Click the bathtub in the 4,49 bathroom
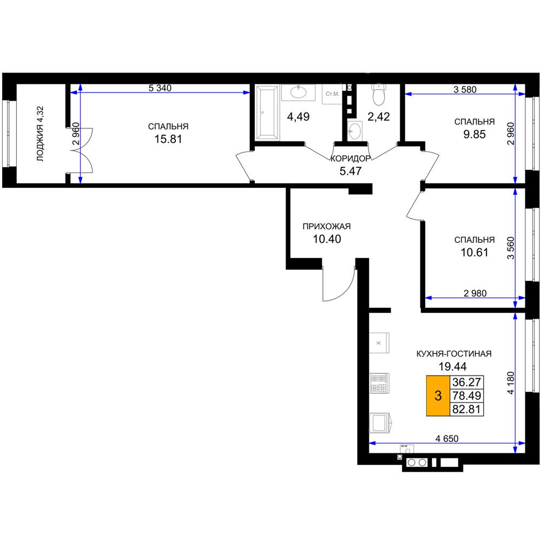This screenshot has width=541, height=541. point(266,113)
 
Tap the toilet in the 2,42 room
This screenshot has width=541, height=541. point(379,95)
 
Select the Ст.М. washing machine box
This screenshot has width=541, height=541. point(332,94)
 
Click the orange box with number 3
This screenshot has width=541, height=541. point(438,395)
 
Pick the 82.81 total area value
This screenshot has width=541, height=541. point(466,409)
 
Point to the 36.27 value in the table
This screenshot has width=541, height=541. point(466,382)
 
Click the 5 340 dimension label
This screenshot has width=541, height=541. point(160,88)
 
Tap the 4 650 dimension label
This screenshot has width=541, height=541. point(447,439)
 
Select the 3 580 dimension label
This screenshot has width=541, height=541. point(465,90)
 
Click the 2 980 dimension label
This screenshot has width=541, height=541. point(475,293)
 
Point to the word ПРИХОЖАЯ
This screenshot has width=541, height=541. point(326,226)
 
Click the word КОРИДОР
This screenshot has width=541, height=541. point(351,159)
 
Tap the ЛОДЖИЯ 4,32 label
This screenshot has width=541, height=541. point(41,134)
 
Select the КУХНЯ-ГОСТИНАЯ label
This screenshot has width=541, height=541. point(454,354)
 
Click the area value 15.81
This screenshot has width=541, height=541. point(168,139)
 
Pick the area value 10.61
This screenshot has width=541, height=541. point(474,252)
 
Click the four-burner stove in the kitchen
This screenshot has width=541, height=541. point(379,383)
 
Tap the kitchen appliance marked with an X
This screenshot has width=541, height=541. point(379,342)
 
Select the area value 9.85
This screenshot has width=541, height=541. point(474,134)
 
